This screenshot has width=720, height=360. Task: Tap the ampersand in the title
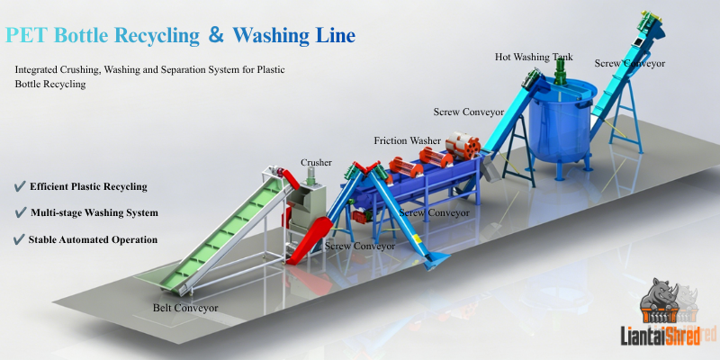pyautogui.click(x=216, y=35)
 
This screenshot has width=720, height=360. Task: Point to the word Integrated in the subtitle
pyautogui.click(x=36, y=70)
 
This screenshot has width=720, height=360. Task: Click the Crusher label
pyautogui.click(x=316, y=163)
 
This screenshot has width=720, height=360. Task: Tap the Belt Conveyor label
pyautogui.click(x=185, y=308)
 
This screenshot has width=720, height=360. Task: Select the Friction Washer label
pyautogui.click(x=408, y=140)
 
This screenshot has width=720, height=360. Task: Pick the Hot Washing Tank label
pyautogui.click(x=534, y=57)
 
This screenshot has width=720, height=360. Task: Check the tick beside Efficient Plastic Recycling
pyautogui.click(x=20, y=186)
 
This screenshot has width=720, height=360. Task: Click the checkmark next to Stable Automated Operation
pyautogui.click(x=19, y=239)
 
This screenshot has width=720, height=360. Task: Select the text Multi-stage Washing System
pyautogui.click(x=94, y=213)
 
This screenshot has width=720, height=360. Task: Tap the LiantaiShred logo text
pyautogui.click(x=661, y=336)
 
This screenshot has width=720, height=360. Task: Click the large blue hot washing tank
pyautogui.click(x=562, y=124)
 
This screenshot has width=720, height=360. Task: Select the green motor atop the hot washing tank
pyautogui.click(x=561, y=71)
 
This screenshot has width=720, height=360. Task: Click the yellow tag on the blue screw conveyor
pyautogui.click(x=418, y=239)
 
